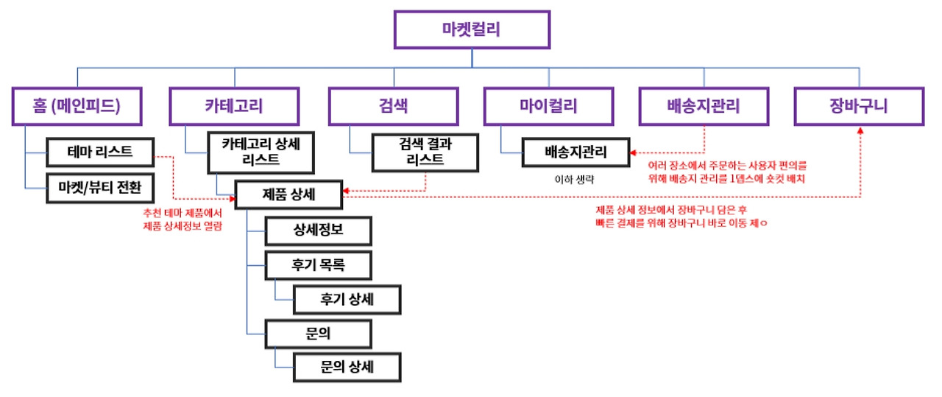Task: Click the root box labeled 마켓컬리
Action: coord(471,30)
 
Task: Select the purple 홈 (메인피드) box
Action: coord(77,106)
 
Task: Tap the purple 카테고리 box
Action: coord(234,106)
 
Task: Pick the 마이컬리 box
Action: coord(549,106)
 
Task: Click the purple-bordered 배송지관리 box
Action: coord(704,106)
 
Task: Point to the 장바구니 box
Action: coord(859,106)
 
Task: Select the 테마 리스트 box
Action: coord(100,153)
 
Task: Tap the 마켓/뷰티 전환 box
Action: coord(100,189)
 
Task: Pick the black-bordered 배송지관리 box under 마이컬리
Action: coord(576,152)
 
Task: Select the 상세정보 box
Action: coord(318,231)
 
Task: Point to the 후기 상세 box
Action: coord(347,299)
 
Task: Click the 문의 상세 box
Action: coord(347,367)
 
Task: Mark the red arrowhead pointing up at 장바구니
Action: coord(860,130)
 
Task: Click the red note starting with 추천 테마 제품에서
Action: coord(183,219)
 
